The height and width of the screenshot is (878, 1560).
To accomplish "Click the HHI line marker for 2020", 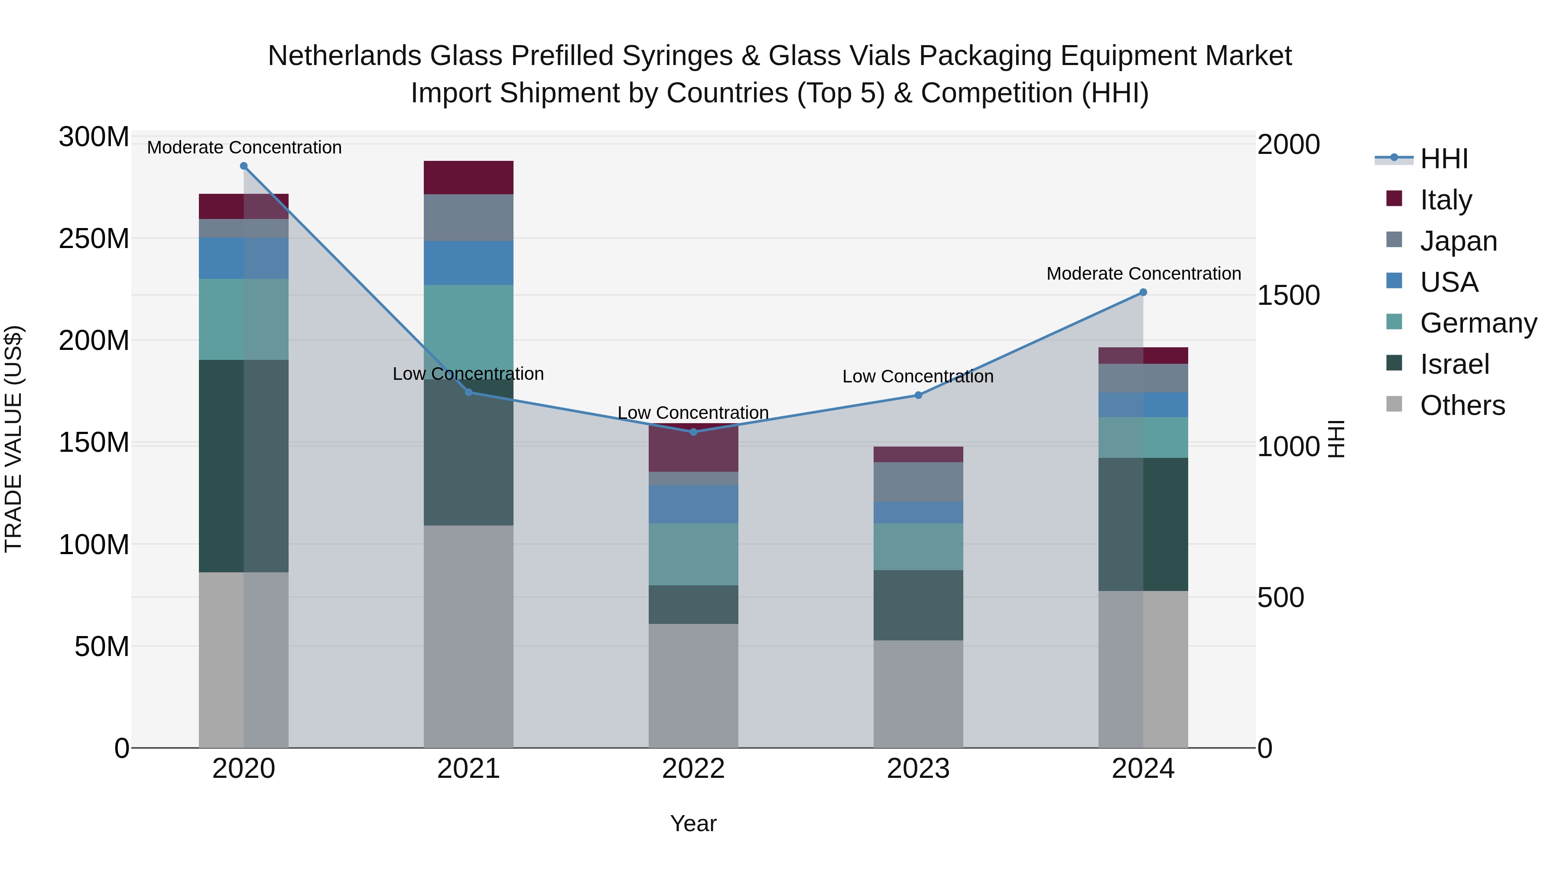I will click(244, 166).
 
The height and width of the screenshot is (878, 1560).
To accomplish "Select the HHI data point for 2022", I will click(693, 432).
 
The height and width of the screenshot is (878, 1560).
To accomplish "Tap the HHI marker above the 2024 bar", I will click(1144, 293).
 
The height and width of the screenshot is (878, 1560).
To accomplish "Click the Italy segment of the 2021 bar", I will click(468, 177).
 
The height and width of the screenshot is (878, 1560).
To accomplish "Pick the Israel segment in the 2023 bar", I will click(918, 605).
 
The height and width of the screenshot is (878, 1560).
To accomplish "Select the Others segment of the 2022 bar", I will click(693, 685).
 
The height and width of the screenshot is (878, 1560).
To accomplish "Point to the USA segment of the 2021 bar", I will click(468, 263).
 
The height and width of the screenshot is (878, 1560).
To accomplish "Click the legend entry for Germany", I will click(1478, 323).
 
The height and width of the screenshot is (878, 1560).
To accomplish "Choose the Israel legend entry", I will click(1454, 364).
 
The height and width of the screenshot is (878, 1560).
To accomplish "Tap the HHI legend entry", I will click(1444, 159).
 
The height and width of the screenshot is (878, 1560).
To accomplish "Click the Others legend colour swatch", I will click(1394, 404).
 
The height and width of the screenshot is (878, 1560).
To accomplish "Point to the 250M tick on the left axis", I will click(94, 239).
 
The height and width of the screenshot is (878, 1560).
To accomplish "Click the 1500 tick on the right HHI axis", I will click(1289, 296).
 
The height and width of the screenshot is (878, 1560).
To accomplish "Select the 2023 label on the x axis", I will click(918, 769).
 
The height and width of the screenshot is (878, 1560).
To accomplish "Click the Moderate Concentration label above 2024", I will click(1144, 274).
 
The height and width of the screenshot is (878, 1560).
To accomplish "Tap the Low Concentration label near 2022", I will click(693, 413).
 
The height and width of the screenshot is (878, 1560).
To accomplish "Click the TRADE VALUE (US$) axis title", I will click(13, 439).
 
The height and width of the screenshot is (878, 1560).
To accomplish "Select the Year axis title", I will click(693, 823).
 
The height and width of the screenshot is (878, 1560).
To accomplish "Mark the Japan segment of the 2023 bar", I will click(918, 482).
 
